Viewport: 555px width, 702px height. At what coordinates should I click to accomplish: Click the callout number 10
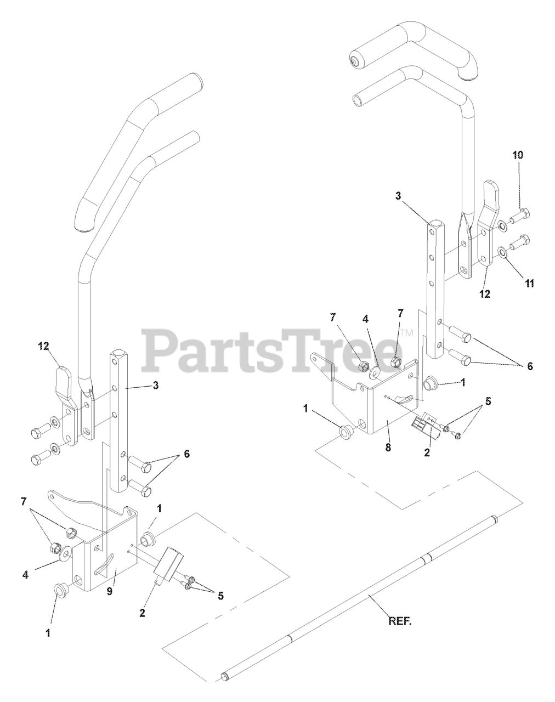click(x=518, y=155)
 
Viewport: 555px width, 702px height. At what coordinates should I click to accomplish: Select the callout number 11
click(x=530, y=284)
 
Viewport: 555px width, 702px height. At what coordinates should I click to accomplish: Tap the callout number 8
click(x=388, y=447)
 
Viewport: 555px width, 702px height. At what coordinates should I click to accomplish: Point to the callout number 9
click(x=110, y=591)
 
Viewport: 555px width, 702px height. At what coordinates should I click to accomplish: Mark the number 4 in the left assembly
click(x=25, y=574)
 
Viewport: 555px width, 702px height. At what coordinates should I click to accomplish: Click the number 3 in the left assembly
click(x=156, y=385)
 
